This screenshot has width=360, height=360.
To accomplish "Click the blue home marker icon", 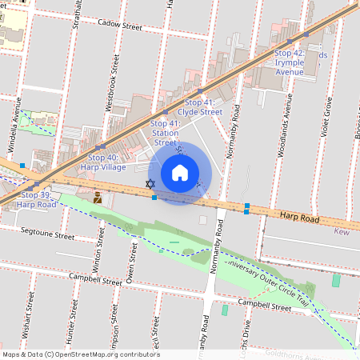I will click(x=179, y=172).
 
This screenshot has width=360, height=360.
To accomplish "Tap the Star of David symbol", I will click(x=150, y=185).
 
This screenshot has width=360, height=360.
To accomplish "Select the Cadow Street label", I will click(x=119, y=26).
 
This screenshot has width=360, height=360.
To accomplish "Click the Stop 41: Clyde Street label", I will click(x=199, y=107).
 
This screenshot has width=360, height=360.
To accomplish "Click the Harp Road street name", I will click(x=300, y=217).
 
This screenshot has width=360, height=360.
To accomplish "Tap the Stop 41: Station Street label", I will click(x=164, y=133).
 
